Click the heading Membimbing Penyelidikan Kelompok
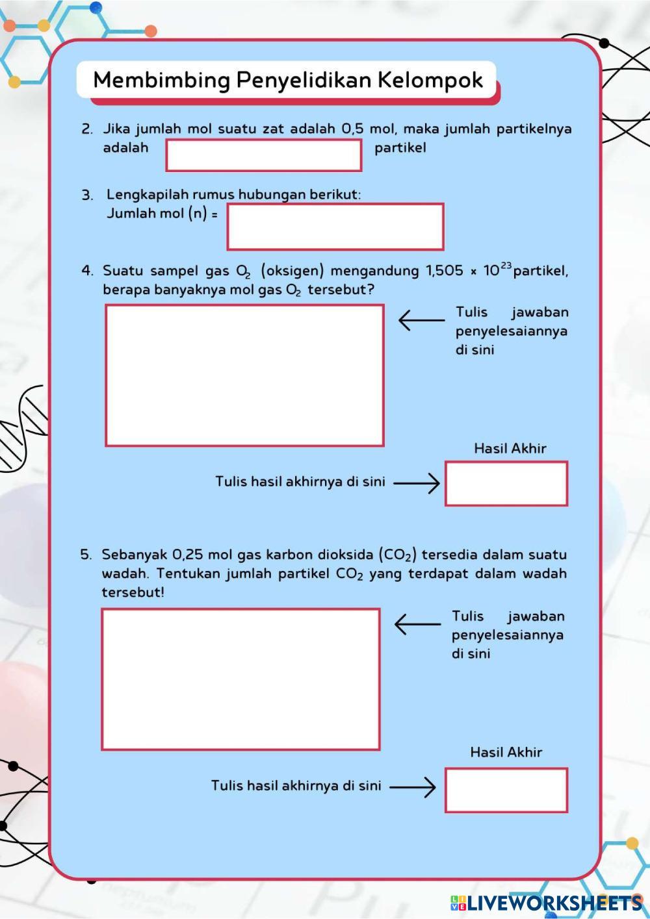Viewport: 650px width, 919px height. [287, 80]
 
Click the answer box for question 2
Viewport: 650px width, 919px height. [263, 155]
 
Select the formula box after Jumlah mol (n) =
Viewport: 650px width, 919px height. [335, 227]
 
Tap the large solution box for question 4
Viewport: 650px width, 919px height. [244, 375]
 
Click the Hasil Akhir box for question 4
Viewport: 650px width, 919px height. [506, 484]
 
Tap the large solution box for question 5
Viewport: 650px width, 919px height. [240, 679]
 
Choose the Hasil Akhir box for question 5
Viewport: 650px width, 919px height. [506, 790]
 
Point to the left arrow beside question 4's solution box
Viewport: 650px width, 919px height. [421, 320]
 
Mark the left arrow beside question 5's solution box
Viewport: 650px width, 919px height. [417, 624]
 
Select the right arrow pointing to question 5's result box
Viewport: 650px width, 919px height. [412, 787]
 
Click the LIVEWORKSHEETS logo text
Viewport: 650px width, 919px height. [545, 903]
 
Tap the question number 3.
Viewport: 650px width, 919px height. [87, 195]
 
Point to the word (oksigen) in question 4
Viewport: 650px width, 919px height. [292, 270]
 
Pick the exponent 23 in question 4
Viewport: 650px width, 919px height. [506, 265]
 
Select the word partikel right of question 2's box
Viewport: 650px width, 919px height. [400, 147]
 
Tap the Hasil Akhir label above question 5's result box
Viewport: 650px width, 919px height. [506, 752]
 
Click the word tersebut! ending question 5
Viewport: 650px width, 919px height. [133, 592]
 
